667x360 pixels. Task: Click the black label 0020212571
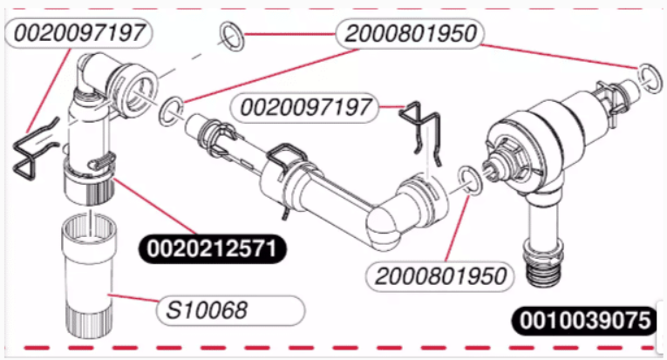pos(212,249)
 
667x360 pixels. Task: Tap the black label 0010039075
pos(585,321)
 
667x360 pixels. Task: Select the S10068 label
pos(230,310)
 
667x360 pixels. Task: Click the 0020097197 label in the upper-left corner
pos(79,33)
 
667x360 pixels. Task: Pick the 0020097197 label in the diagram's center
pos(304,107)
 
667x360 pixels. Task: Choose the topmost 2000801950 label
pos(410,33)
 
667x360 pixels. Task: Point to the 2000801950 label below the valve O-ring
pos(440,276)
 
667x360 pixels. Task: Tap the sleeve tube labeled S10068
pos(89,276)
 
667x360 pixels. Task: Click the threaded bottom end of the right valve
pos(544,266)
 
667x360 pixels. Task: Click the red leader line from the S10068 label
pos(133,298)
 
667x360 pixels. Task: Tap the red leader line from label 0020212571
pos(155,207)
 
